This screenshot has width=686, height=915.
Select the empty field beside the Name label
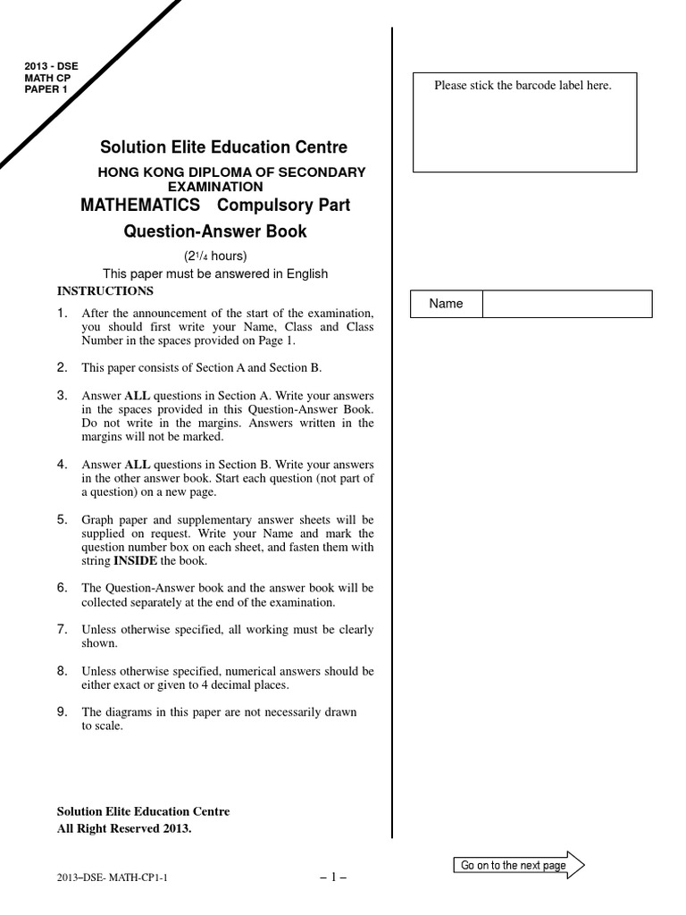[x=566, y=304]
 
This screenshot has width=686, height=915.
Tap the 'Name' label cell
[x=446, y=304]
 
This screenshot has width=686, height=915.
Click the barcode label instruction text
[x=523, y=86]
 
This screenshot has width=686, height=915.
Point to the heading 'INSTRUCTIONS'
[x=105, y=291]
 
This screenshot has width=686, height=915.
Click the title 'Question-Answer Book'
[x=214, y=232]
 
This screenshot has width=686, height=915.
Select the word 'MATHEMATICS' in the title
[x=140, y=206]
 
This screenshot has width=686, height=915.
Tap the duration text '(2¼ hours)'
[x=214, y=257]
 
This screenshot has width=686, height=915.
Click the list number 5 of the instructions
[x=63, y=519]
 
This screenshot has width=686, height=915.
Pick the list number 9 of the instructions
[x=63, y=711]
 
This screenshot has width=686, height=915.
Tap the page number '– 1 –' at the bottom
[x=332, y=877]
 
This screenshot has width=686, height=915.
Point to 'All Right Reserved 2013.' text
[x=124, y=828]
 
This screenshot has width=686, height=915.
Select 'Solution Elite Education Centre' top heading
[x=223, y=147]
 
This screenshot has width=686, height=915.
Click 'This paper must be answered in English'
[x=215, y=274]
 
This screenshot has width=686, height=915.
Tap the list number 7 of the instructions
[x=63, y=629]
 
